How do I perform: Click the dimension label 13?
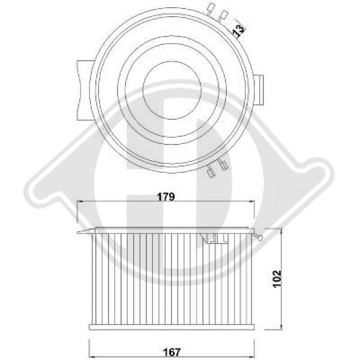239,30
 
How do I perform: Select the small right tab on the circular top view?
259,89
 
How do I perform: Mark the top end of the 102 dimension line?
280,229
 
